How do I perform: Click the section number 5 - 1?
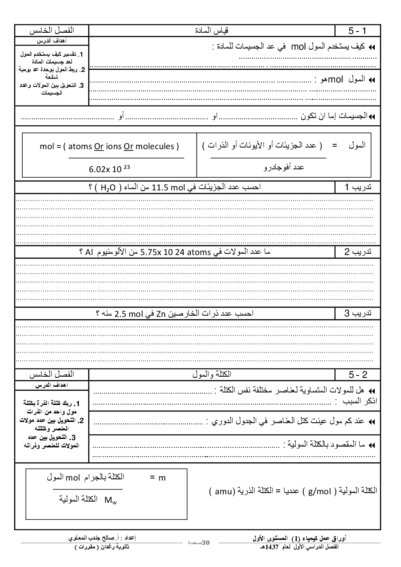click(357, 31)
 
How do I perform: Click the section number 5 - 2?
click(358, 375)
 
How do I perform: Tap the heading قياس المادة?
click(212, 31)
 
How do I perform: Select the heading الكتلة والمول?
click(212, 375)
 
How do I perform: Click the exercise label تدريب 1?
click(358, 188)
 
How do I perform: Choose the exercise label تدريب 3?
click(358, 314)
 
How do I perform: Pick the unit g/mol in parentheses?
click(319, 491)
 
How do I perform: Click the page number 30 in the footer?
click(206, 543)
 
